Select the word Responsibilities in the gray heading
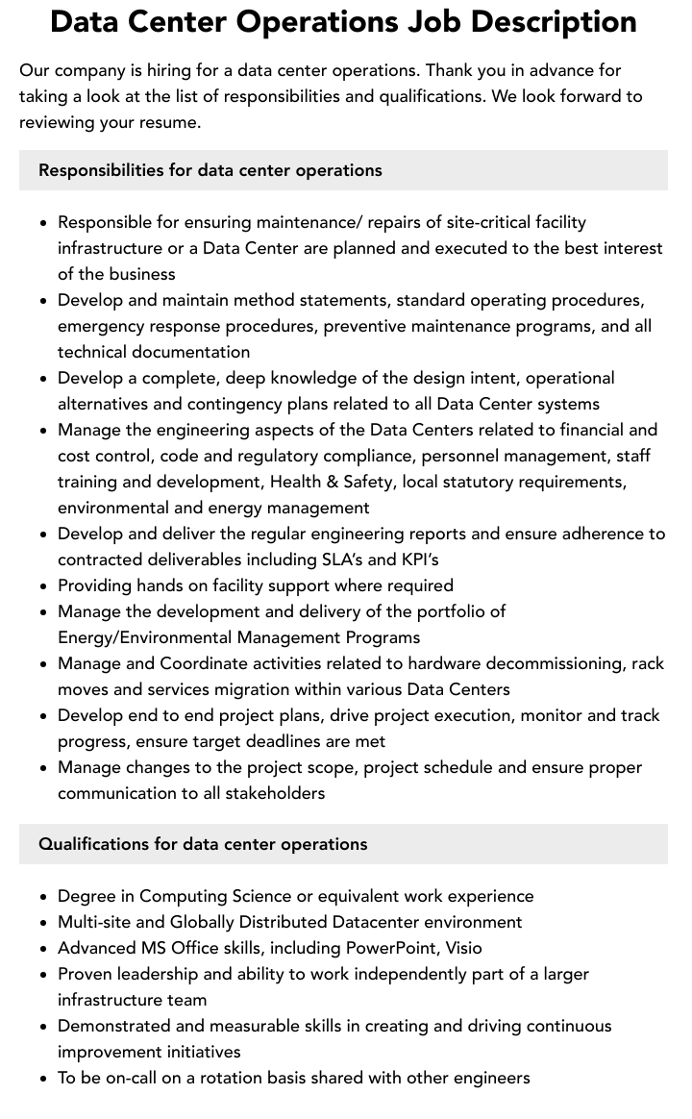[x=102, y=170]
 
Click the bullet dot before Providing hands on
[x=43, y=586]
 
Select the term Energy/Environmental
[x=142, y=637]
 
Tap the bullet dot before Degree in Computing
[x=43, y=897]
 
